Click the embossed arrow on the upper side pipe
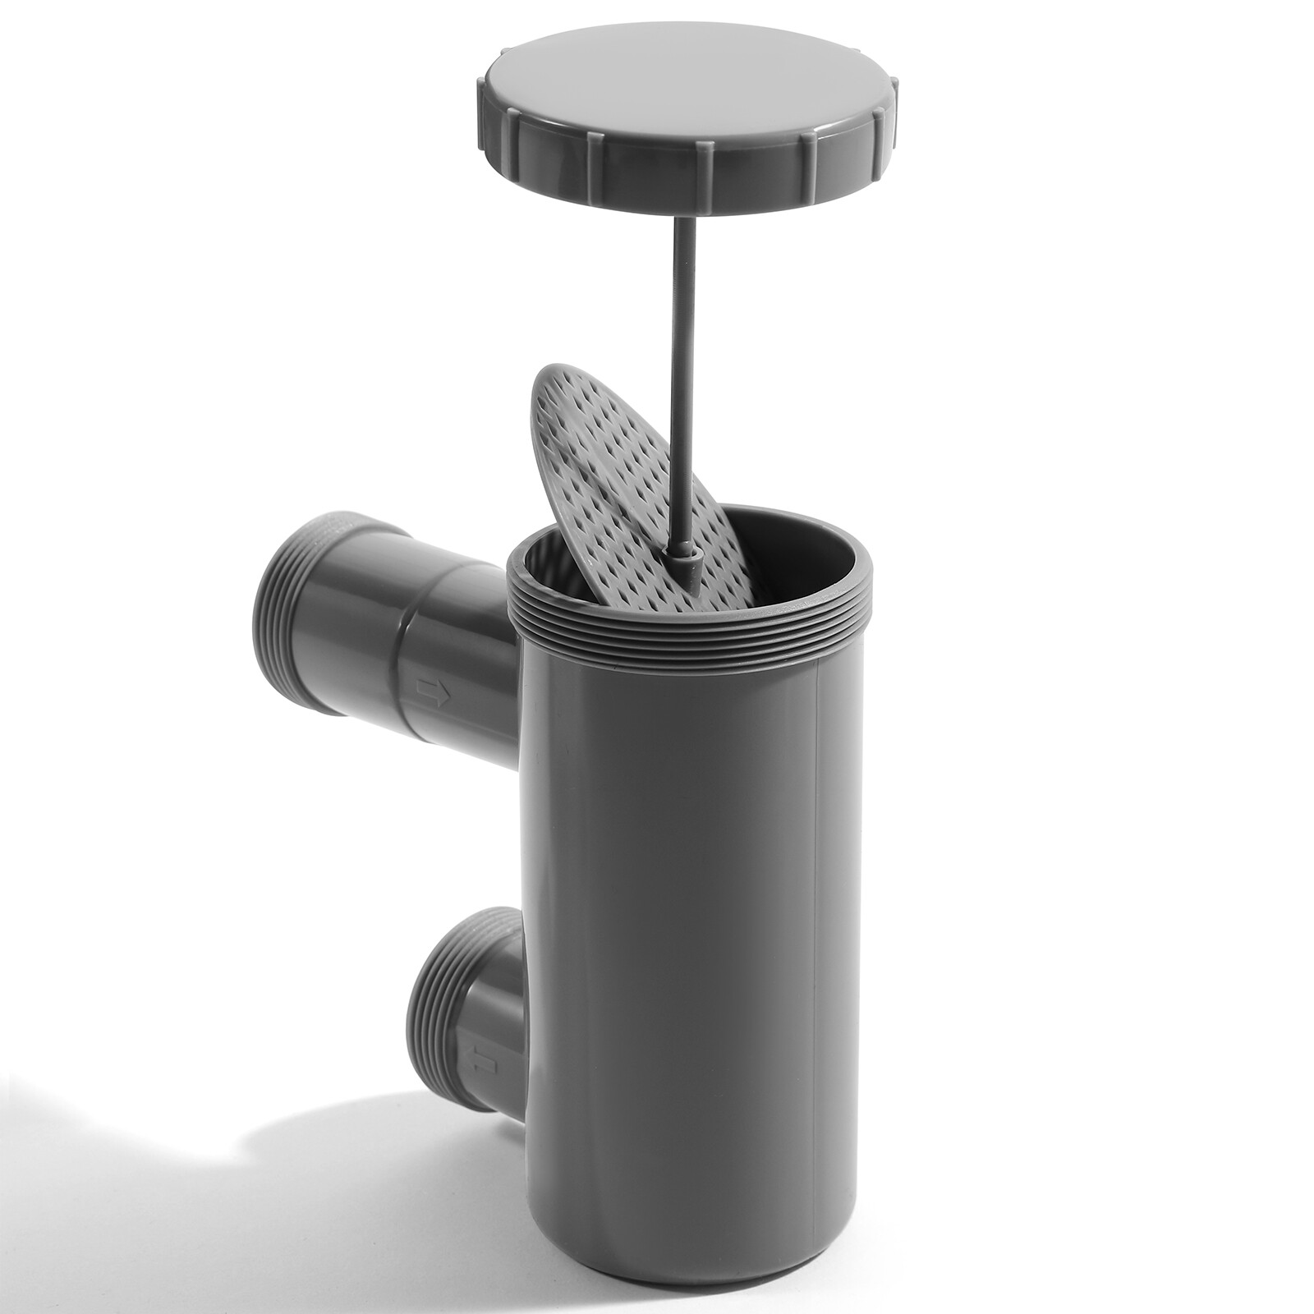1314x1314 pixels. point(433,691)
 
